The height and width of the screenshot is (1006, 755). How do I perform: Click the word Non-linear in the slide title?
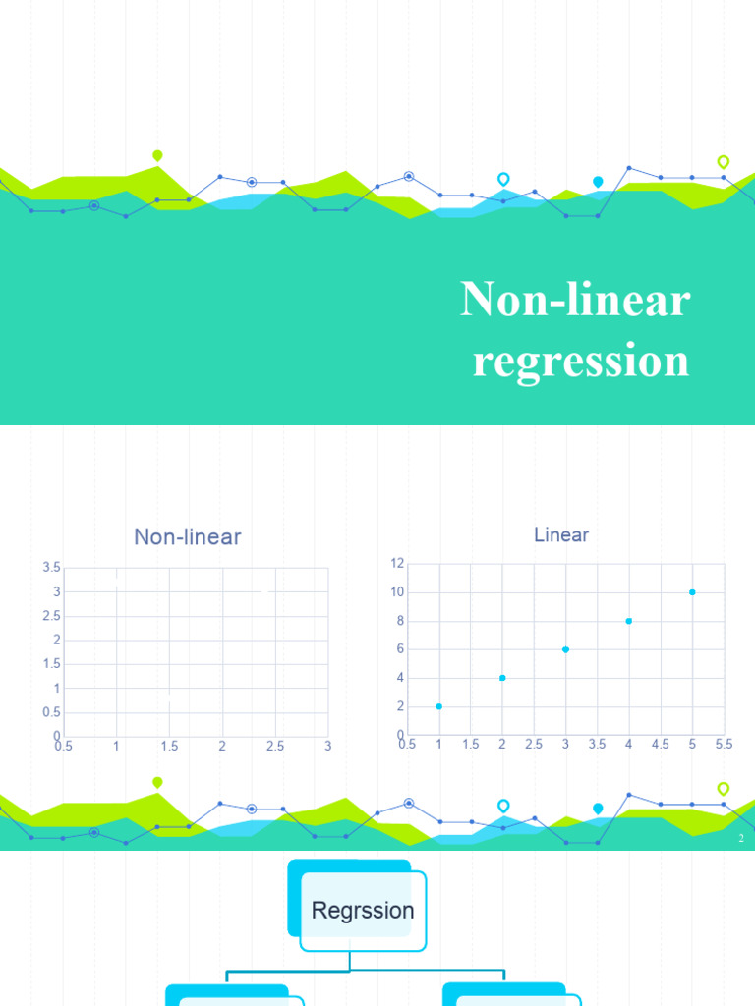click(x=575, y=299)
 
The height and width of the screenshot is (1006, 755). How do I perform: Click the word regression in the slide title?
click(x=580, y=360)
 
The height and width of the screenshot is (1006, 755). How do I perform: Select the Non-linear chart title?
click(x=188, y=536)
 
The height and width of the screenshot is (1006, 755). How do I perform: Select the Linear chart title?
click(x=561, y=534)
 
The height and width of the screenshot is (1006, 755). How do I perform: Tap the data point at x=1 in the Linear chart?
click(x=438, y=706)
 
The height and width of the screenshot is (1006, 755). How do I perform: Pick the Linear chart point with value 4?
click(x=502, y=678)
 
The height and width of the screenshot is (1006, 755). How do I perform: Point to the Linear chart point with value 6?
click(x=565, y=649)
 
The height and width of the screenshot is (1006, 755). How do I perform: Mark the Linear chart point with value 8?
click(x=629, y=621)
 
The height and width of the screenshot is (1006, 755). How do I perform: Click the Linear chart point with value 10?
click(x=692, y=592)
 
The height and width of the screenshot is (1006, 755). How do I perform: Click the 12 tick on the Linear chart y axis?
click(x=397, y=564)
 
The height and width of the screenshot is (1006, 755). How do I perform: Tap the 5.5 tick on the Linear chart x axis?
click(x=724, y=745)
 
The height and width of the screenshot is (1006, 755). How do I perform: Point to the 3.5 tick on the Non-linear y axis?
click(x=52, y=568)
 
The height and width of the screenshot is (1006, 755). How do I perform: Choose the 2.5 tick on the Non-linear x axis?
click(x=275, y=747)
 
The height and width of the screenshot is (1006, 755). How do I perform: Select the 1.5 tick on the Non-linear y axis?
click(x=52, y=664)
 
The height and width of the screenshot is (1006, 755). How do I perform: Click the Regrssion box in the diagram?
click(x=363, y=910)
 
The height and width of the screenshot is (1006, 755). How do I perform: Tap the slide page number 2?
click(x=740, y=839)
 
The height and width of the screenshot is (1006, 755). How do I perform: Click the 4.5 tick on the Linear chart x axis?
click(x=661, y=745)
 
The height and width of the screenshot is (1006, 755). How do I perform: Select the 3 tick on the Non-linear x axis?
click(x=327, y=747)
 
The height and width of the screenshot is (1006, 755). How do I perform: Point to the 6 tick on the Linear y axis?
click(x=399, y=649)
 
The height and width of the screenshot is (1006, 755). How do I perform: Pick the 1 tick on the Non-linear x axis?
click(x=116, y=747)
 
